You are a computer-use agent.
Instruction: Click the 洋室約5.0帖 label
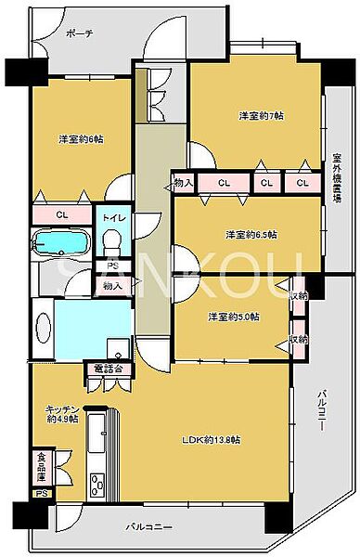tap(234, 317)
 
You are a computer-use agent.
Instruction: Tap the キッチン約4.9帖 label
tap(63, 413)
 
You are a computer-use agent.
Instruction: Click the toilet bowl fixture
tap(112, 241)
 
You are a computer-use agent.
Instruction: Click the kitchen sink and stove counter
tap(96, 464)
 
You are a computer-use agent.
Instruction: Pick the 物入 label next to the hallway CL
tap(183, 183)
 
